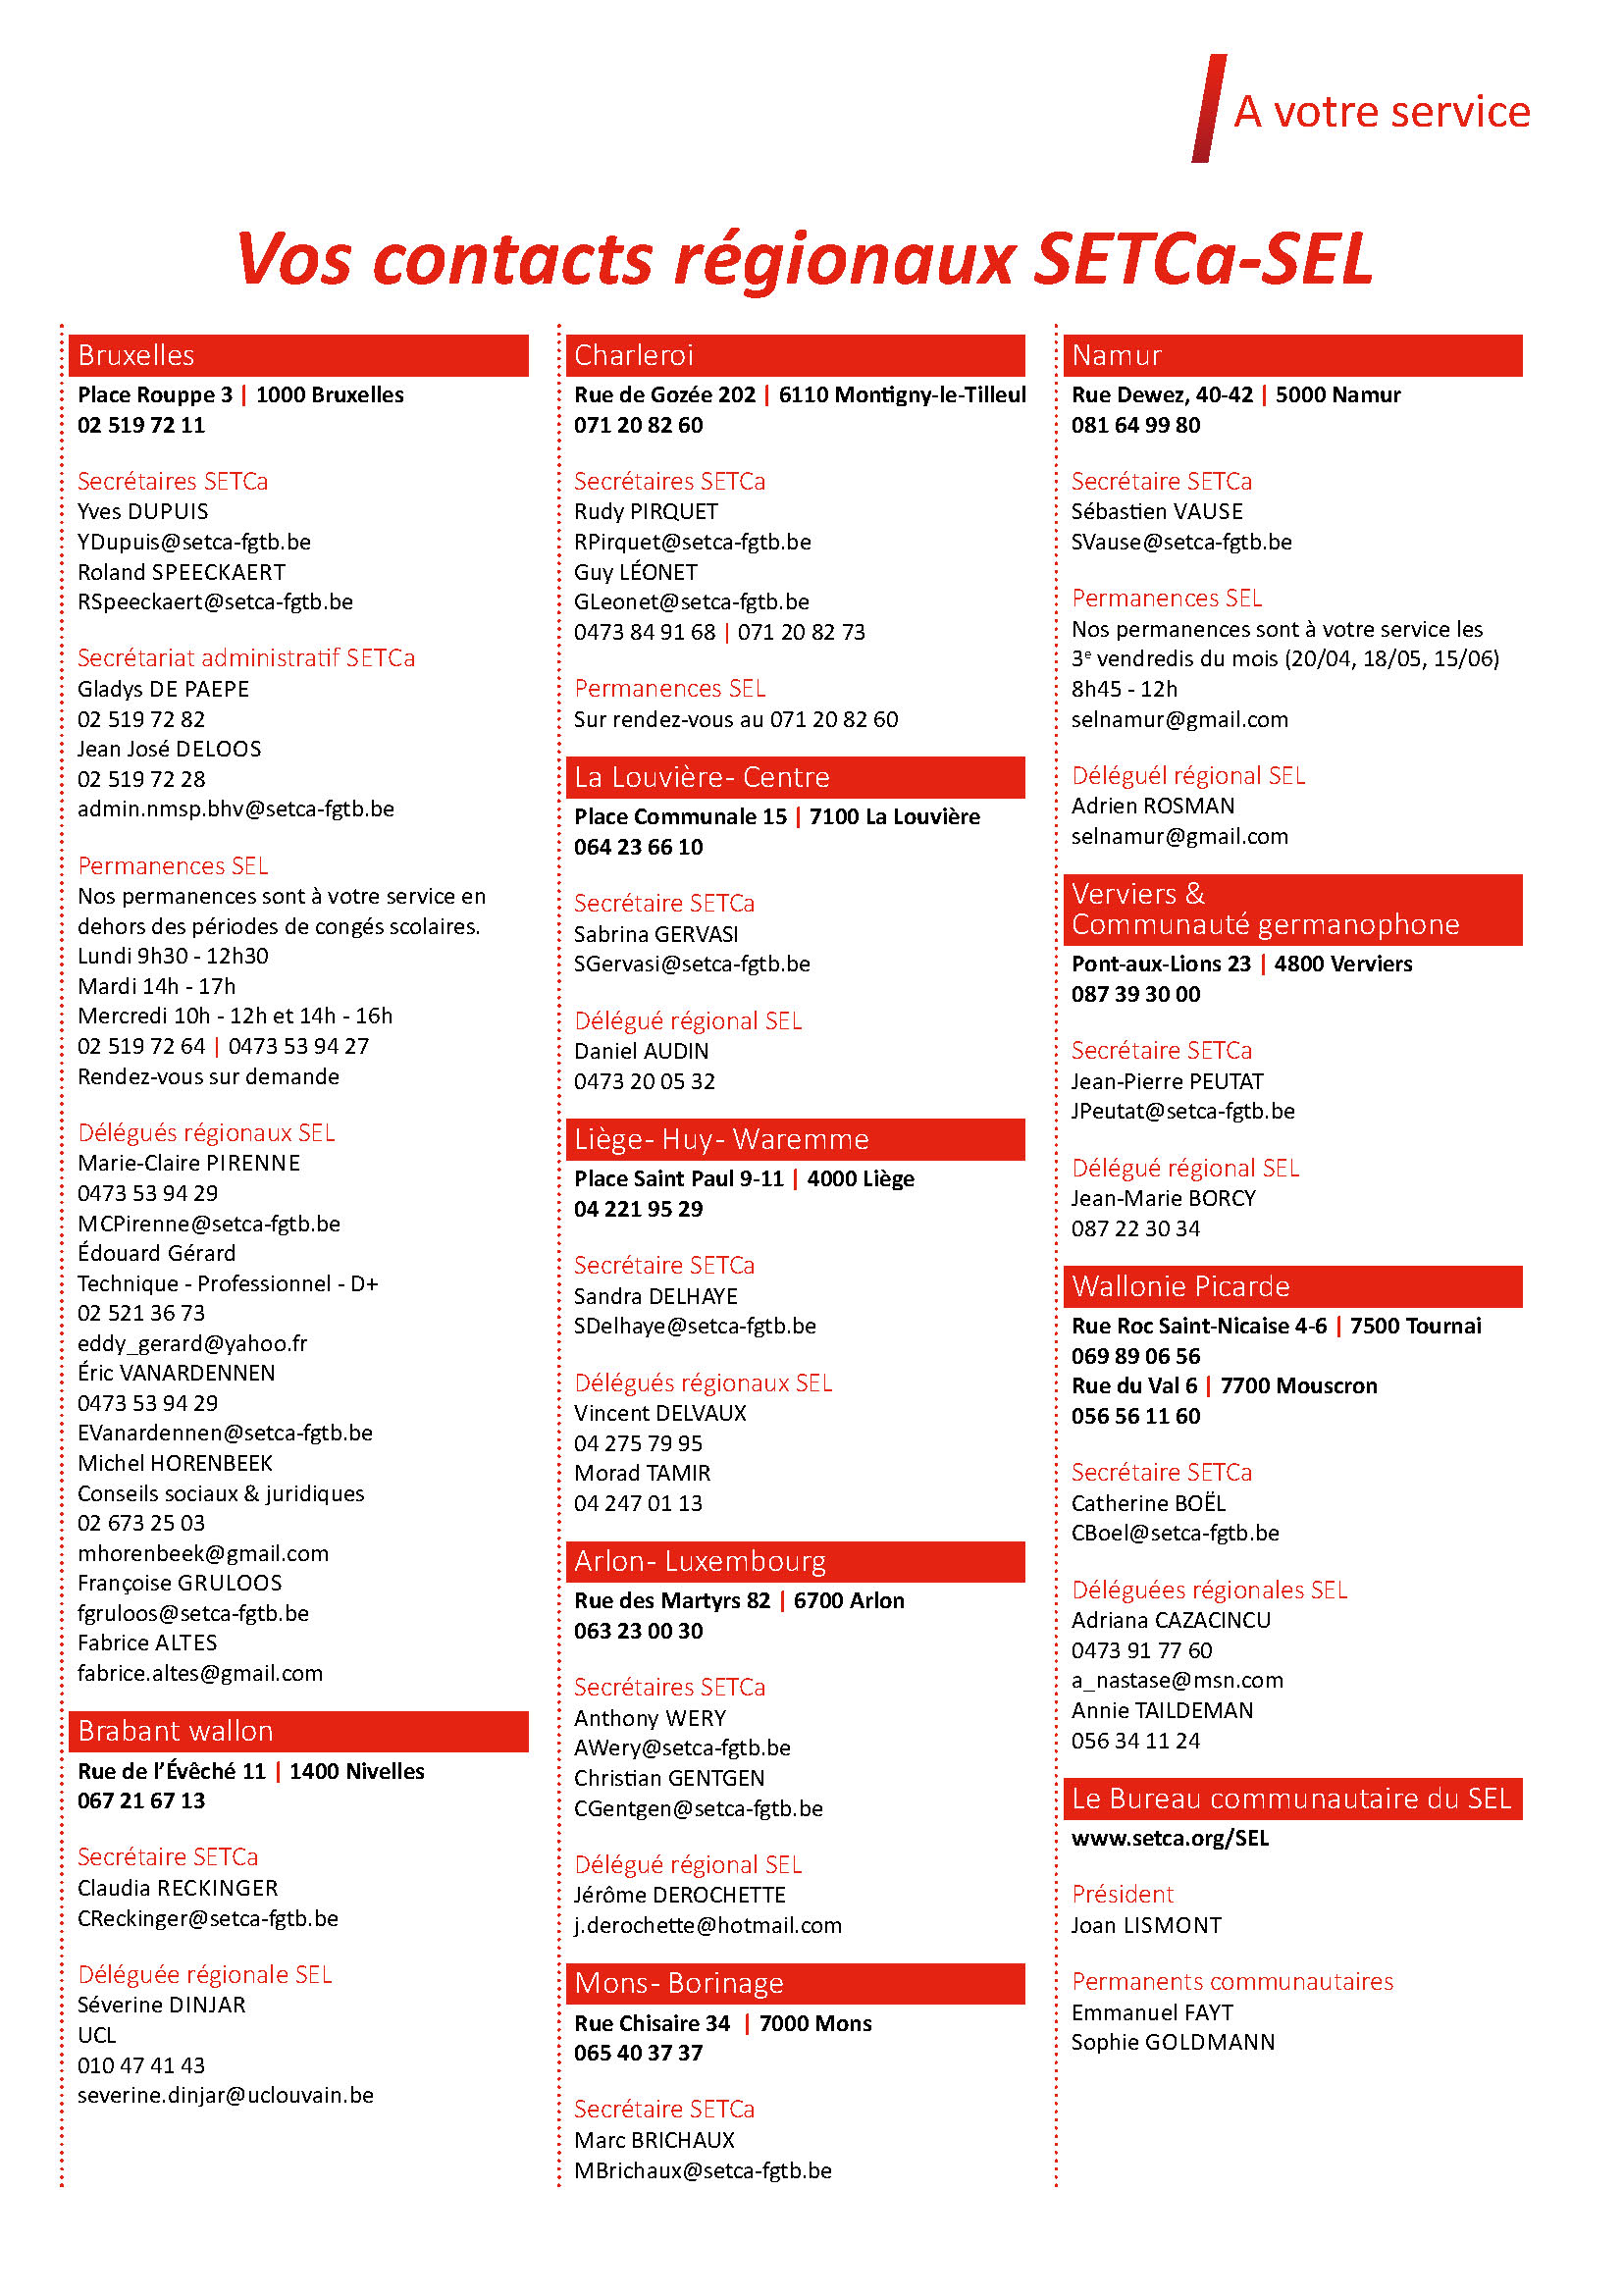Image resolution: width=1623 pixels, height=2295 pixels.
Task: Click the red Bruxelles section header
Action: (x=298, y=356)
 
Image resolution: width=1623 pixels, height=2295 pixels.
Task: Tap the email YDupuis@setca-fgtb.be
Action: (x=194, y=542)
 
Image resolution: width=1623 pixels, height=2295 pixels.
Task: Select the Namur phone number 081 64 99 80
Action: (x=1135, y=425)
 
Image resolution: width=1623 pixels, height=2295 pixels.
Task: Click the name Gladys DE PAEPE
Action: (x=163, y=689)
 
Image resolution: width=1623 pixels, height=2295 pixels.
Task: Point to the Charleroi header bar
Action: (x=795, y=356)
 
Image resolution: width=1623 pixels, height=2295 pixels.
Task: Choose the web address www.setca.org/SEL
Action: (x=1170, y=1838)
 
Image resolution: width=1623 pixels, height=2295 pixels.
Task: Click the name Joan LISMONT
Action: (x=1145, y=1925)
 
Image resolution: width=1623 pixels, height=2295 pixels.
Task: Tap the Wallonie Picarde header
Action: (x=1291, y=1286)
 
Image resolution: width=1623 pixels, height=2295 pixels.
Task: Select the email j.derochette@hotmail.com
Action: (x=707, y=1925)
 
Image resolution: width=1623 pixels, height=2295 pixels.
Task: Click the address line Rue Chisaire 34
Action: (x=652, y=2023)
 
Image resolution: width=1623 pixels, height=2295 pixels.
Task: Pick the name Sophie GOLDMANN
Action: (x=1173, y=2042)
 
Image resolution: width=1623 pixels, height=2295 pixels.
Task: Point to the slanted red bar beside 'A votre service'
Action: (x=1208, y=108)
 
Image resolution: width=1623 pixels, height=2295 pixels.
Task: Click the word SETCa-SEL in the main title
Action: (x=1203, y=259)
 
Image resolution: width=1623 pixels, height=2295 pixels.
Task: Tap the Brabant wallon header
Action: (x=298, y=1731)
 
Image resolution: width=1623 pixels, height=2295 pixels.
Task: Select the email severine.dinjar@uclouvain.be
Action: (x=225, y=2095)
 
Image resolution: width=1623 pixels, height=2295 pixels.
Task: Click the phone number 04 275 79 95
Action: (x=638, y=1443)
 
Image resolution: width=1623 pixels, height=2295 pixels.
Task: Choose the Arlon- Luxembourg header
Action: (x=795, y=1561)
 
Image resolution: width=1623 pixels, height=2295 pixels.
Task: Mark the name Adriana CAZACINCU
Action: (x=1171, y=1620)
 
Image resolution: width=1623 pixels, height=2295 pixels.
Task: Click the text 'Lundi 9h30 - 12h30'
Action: (x=173, y=956)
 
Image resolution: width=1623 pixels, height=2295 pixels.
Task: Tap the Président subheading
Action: (x=1122, y=1894)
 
